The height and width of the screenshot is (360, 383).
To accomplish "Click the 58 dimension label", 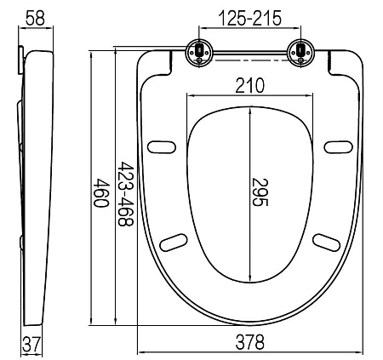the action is click(35, 18).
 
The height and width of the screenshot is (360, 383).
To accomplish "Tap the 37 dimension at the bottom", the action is click(31, 345).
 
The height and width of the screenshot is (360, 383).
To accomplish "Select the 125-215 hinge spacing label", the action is click(250, 18).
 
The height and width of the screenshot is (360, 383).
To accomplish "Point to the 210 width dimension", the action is click(249, 85).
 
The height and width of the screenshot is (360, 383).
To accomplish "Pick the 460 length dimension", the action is click(101, 193).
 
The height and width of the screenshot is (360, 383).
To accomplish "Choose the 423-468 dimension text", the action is click(125, 194).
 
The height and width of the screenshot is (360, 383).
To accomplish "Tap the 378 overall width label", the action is click(249, 342).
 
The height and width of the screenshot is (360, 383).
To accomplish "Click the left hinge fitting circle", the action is click(199, 53).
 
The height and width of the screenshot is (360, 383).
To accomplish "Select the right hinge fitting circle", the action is click(300, 53).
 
